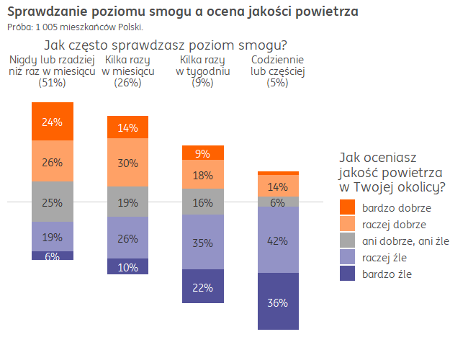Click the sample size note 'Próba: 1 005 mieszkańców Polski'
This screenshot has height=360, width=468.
(x=75, y=27)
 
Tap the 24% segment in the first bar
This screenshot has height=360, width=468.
(x=53, y=122)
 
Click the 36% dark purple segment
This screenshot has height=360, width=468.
(x=278, y=302)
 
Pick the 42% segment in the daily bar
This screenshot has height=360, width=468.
(x=278, y=240)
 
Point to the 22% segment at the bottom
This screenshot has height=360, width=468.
(x=203, y=287)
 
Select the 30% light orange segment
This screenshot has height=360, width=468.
(x=128, y=163)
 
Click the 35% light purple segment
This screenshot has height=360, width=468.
(x=203, y=242)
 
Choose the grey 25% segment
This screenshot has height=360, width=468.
(x=53, y=202)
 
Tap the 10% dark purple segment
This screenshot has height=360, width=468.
(x=128, y=266)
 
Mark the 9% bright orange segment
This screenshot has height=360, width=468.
(x=203, y=153)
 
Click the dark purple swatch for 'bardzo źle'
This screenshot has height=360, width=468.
(x=347, y=274)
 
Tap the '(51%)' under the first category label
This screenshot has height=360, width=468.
(x=53, y=83)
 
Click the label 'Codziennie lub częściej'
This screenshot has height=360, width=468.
(x=278, y=66)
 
